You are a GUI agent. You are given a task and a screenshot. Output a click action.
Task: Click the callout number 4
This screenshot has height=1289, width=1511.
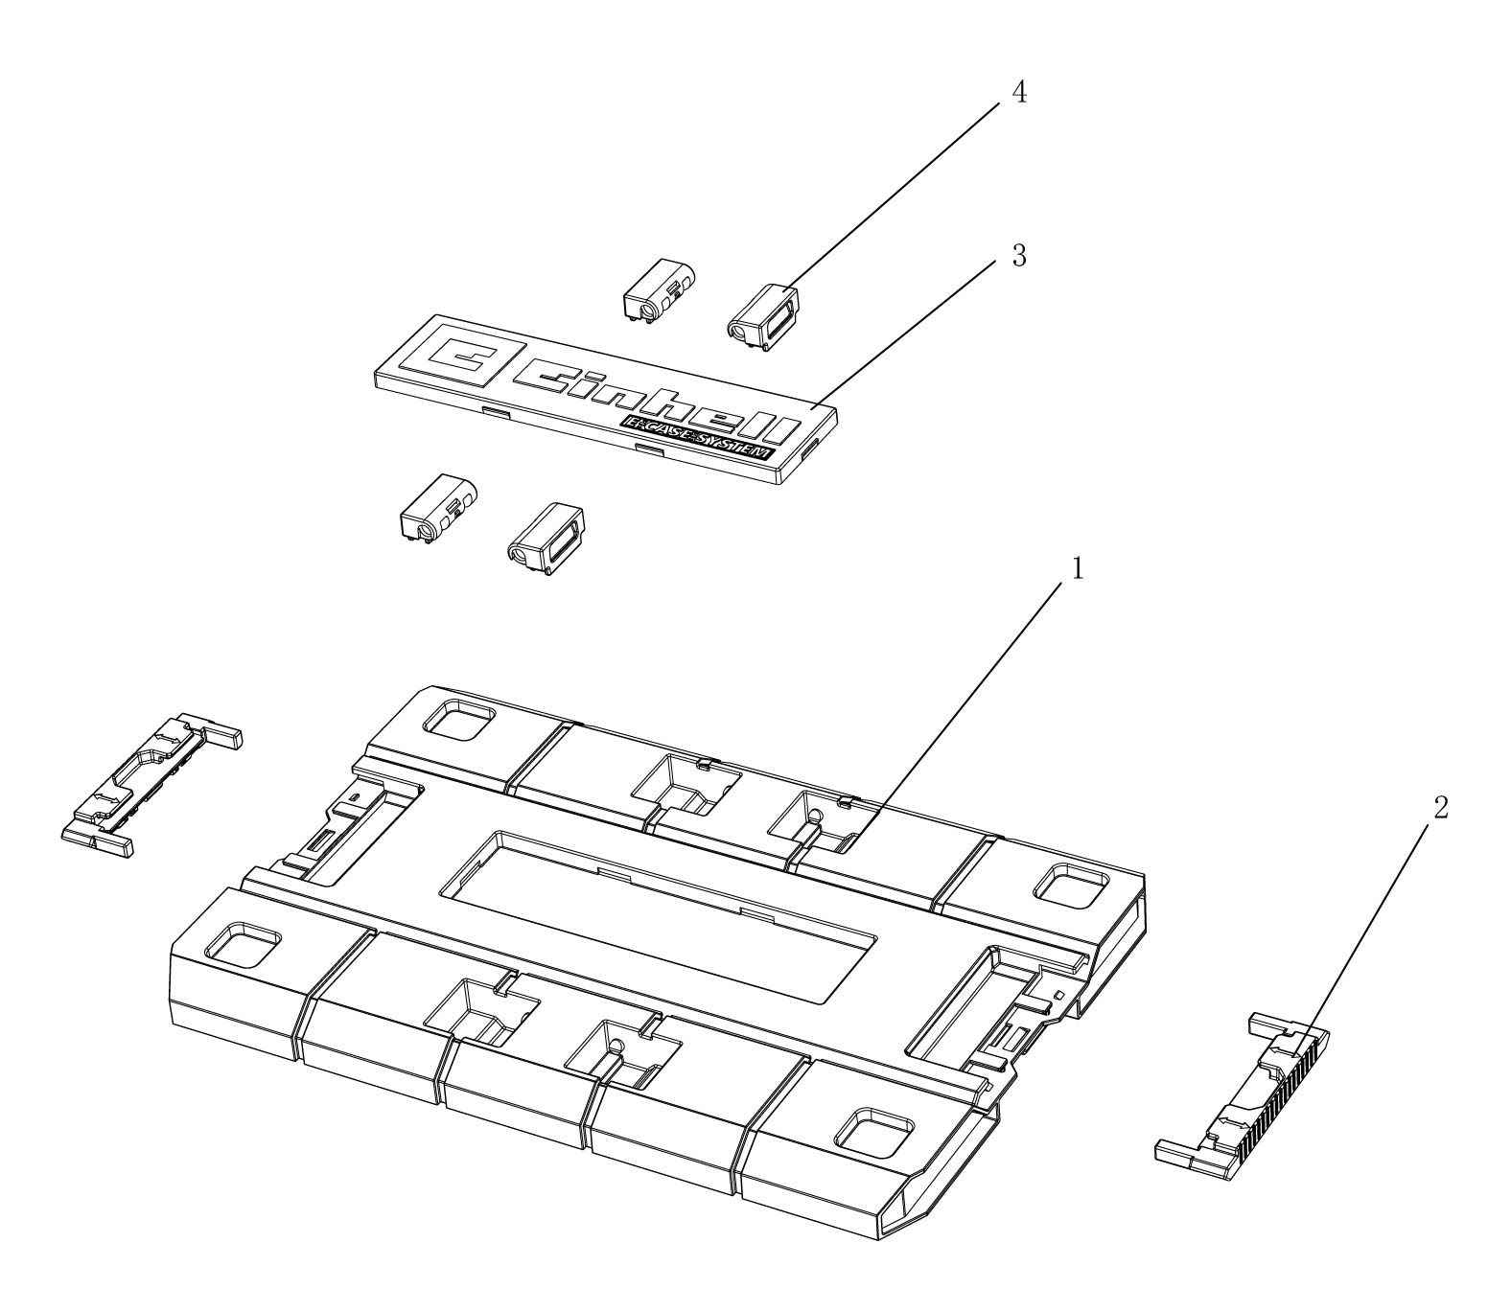pos(1019,93)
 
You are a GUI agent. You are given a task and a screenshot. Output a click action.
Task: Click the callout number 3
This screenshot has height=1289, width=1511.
pos(1019,256)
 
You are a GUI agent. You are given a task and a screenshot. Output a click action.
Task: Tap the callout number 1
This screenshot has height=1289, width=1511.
pos(1078,568)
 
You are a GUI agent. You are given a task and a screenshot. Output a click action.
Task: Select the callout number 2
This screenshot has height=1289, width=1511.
pos(1440,808)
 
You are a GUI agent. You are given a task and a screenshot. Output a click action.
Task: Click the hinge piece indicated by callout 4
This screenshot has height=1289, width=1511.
pos(763,317)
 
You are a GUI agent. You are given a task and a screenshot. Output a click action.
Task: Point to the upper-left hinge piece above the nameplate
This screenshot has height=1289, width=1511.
pos(659,289)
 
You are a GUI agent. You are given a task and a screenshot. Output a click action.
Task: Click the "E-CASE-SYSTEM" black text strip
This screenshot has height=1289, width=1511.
pos(697,438)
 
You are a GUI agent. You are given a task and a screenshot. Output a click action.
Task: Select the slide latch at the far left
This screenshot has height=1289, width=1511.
pos(152,785)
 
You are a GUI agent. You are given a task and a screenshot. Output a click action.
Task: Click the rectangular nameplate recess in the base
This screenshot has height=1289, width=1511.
pos(658,917)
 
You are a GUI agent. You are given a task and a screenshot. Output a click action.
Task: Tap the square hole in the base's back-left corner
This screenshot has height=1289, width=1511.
pos(459,723)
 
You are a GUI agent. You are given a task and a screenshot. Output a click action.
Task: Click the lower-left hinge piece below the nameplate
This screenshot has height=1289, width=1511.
pos(438,509)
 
